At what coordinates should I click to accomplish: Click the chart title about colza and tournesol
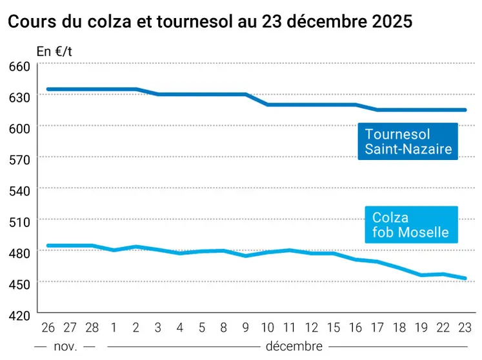(209, 21)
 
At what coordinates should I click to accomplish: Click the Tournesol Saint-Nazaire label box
(407, 143)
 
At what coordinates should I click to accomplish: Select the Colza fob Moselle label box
(411, 225)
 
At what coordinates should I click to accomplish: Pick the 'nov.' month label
(65, 346)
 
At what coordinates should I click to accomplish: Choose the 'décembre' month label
(294, 346)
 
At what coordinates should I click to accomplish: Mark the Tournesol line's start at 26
(48, 89)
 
